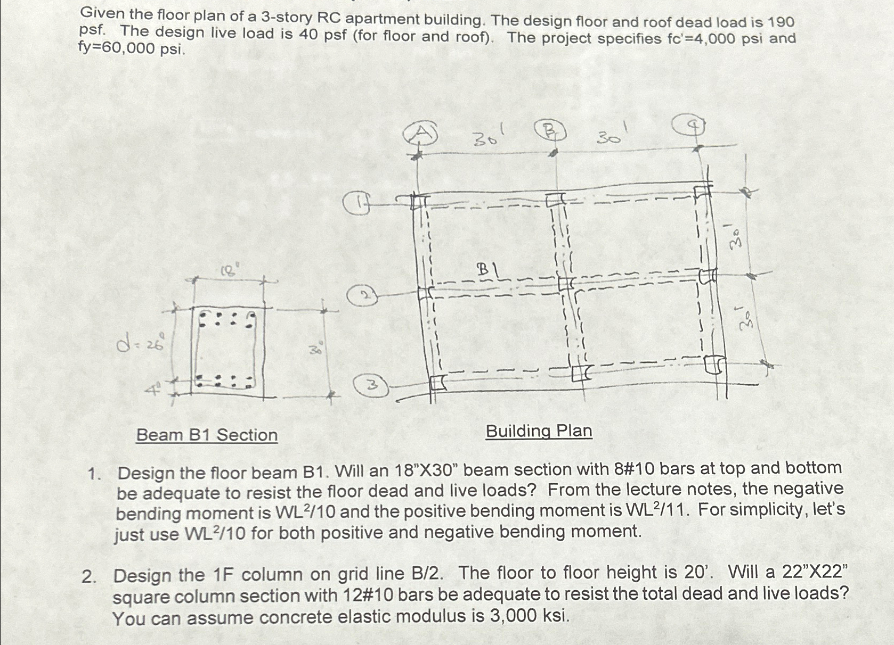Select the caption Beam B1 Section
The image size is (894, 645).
[x=207, y=435]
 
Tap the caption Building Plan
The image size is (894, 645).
[x=539, y=431]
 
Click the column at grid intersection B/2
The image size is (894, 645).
[x=566, y=284]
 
